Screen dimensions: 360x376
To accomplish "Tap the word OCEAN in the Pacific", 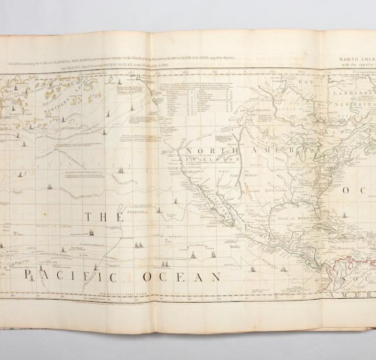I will pyautogui.click(x=182, y=277).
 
